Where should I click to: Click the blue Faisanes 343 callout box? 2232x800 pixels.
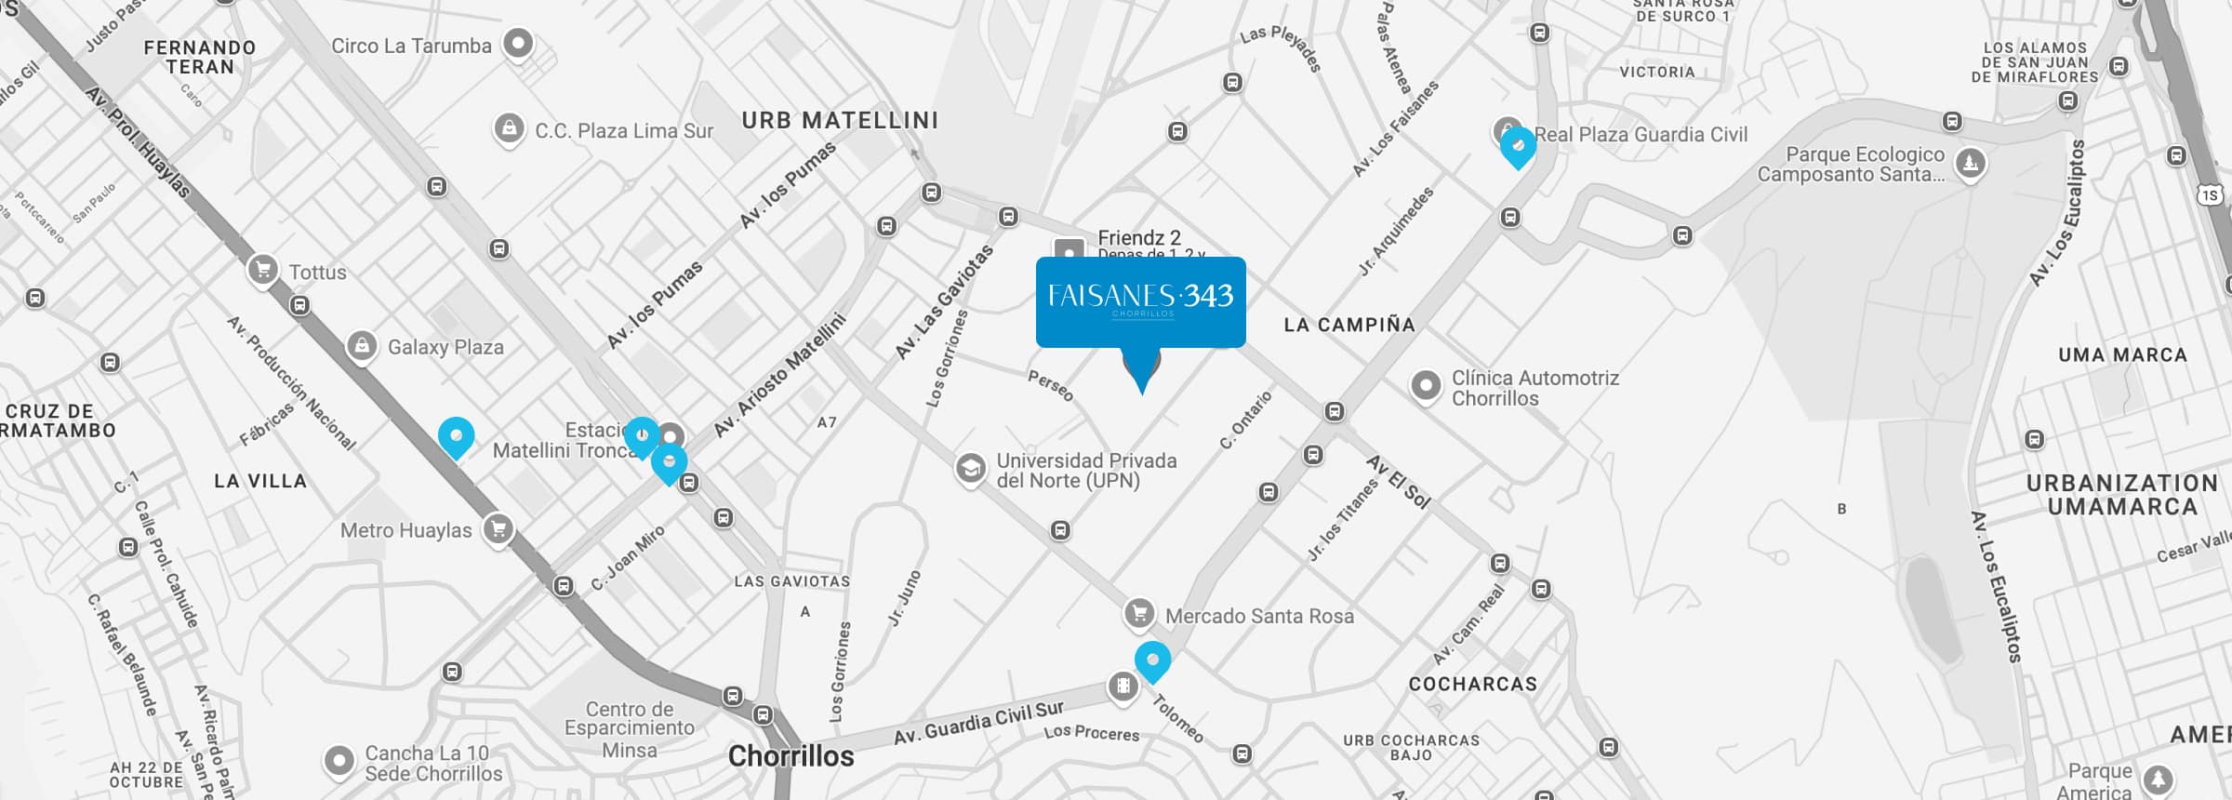pyautogui.click(x=1140, y=301)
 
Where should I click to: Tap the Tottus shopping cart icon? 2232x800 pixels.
pyautogui.click(x=263, y=270)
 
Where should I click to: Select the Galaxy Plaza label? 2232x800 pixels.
pyautogui.click(x=445, y=347)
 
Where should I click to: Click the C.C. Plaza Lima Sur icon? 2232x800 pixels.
pyautogui.click(x=509, y=128)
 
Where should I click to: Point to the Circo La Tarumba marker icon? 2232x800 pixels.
pyautogui.click(x=518, y=43)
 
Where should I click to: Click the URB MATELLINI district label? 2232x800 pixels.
pyautogui.click(x=840, y=120)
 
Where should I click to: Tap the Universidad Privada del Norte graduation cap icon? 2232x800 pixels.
pyautogui.click(x=970, y=467)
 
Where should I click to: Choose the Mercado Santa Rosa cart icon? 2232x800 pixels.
pyautogui.click(x=1139, y=613)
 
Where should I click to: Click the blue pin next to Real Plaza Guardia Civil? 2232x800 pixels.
pyautogui.click(x=1518, y=146)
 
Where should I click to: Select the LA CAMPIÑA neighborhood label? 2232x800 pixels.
pyautogui.click(x=1349, y=325)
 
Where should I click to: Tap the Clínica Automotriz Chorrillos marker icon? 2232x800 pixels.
pyautogui.click(x=1426, y=385)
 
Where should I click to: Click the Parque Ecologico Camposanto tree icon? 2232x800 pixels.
pyautogui.click(x=1970, y=164)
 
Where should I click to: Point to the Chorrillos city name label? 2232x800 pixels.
pyautogui.click(x=790, y=756)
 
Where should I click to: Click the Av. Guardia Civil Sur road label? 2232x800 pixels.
pyautogui.click(x=978, y=722)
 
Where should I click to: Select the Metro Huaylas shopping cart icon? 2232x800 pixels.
pyautogui.click(x=498, y=529)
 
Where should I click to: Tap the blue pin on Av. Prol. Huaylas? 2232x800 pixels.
pyautogui.click(x=456, y=435)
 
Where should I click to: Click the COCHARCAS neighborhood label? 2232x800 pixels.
pyautogui.click(x=1473, y=685)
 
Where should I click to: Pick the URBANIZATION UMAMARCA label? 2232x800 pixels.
pyautogui.click(x=2122, y=495)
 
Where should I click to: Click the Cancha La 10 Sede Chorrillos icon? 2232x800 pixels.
pyautogui.click(x=339, y=761)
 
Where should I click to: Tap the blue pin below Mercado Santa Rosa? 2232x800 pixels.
pyautogui.click(x=1153, y=660)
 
